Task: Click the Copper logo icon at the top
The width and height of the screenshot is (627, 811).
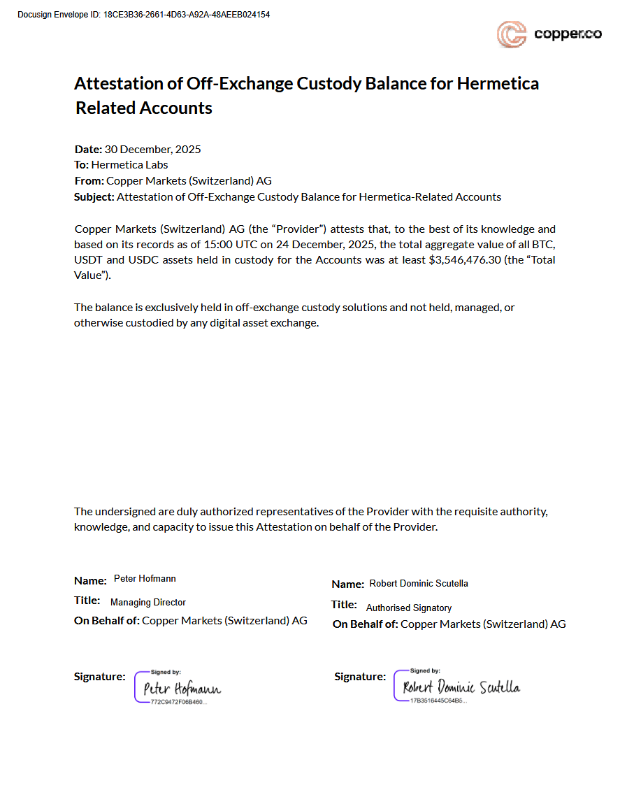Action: [511, 34]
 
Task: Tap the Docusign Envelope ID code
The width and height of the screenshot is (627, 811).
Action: [187, 15]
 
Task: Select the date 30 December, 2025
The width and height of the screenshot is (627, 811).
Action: [152, 149]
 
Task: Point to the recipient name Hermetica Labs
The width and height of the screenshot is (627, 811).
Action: [129, 165]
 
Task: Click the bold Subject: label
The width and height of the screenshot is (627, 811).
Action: [94, 197]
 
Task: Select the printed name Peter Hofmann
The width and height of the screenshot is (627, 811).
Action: [145, 579]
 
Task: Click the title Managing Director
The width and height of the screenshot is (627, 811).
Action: [148, 602]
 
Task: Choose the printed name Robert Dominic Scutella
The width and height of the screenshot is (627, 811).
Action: [419, 583]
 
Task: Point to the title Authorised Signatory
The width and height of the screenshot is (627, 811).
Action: [409, 608]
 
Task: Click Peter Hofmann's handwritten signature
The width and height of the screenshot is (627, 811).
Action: [182, 689]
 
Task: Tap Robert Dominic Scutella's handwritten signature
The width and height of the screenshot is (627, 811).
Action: [461, 687]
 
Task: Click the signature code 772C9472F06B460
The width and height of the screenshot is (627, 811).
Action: [178, 701]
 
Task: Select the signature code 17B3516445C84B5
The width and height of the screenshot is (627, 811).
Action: [438, 700]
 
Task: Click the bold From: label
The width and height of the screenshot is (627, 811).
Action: [89, 181]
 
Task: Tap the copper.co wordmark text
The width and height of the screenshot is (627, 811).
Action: [568, 34]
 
